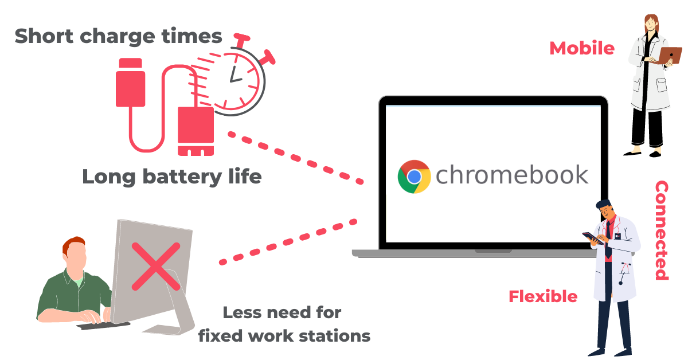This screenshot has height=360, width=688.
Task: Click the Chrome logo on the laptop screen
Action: coord(414,177)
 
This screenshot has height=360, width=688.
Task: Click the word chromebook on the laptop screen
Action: coord(512,175)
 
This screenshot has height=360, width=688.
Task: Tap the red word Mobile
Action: coord(582,49)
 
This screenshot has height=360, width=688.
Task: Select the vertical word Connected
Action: coord(662,230)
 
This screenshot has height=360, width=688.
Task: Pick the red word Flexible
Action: coord(543,296)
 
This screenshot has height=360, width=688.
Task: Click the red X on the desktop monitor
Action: coord(156,267)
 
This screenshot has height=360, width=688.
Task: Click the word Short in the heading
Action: coord(44,36)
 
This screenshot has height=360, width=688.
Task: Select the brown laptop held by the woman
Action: coord(670,55)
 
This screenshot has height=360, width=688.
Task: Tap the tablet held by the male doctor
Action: coord(593,238)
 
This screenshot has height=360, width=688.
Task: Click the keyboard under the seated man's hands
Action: coord(103,325)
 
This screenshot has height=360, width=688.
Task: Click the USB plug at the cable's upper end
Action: coord(131,83)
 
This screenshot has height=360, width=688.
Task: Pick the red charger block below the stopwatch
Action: coord(196,131)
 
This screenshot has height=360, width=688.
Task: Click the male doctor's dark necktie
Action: coord(608,240)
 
